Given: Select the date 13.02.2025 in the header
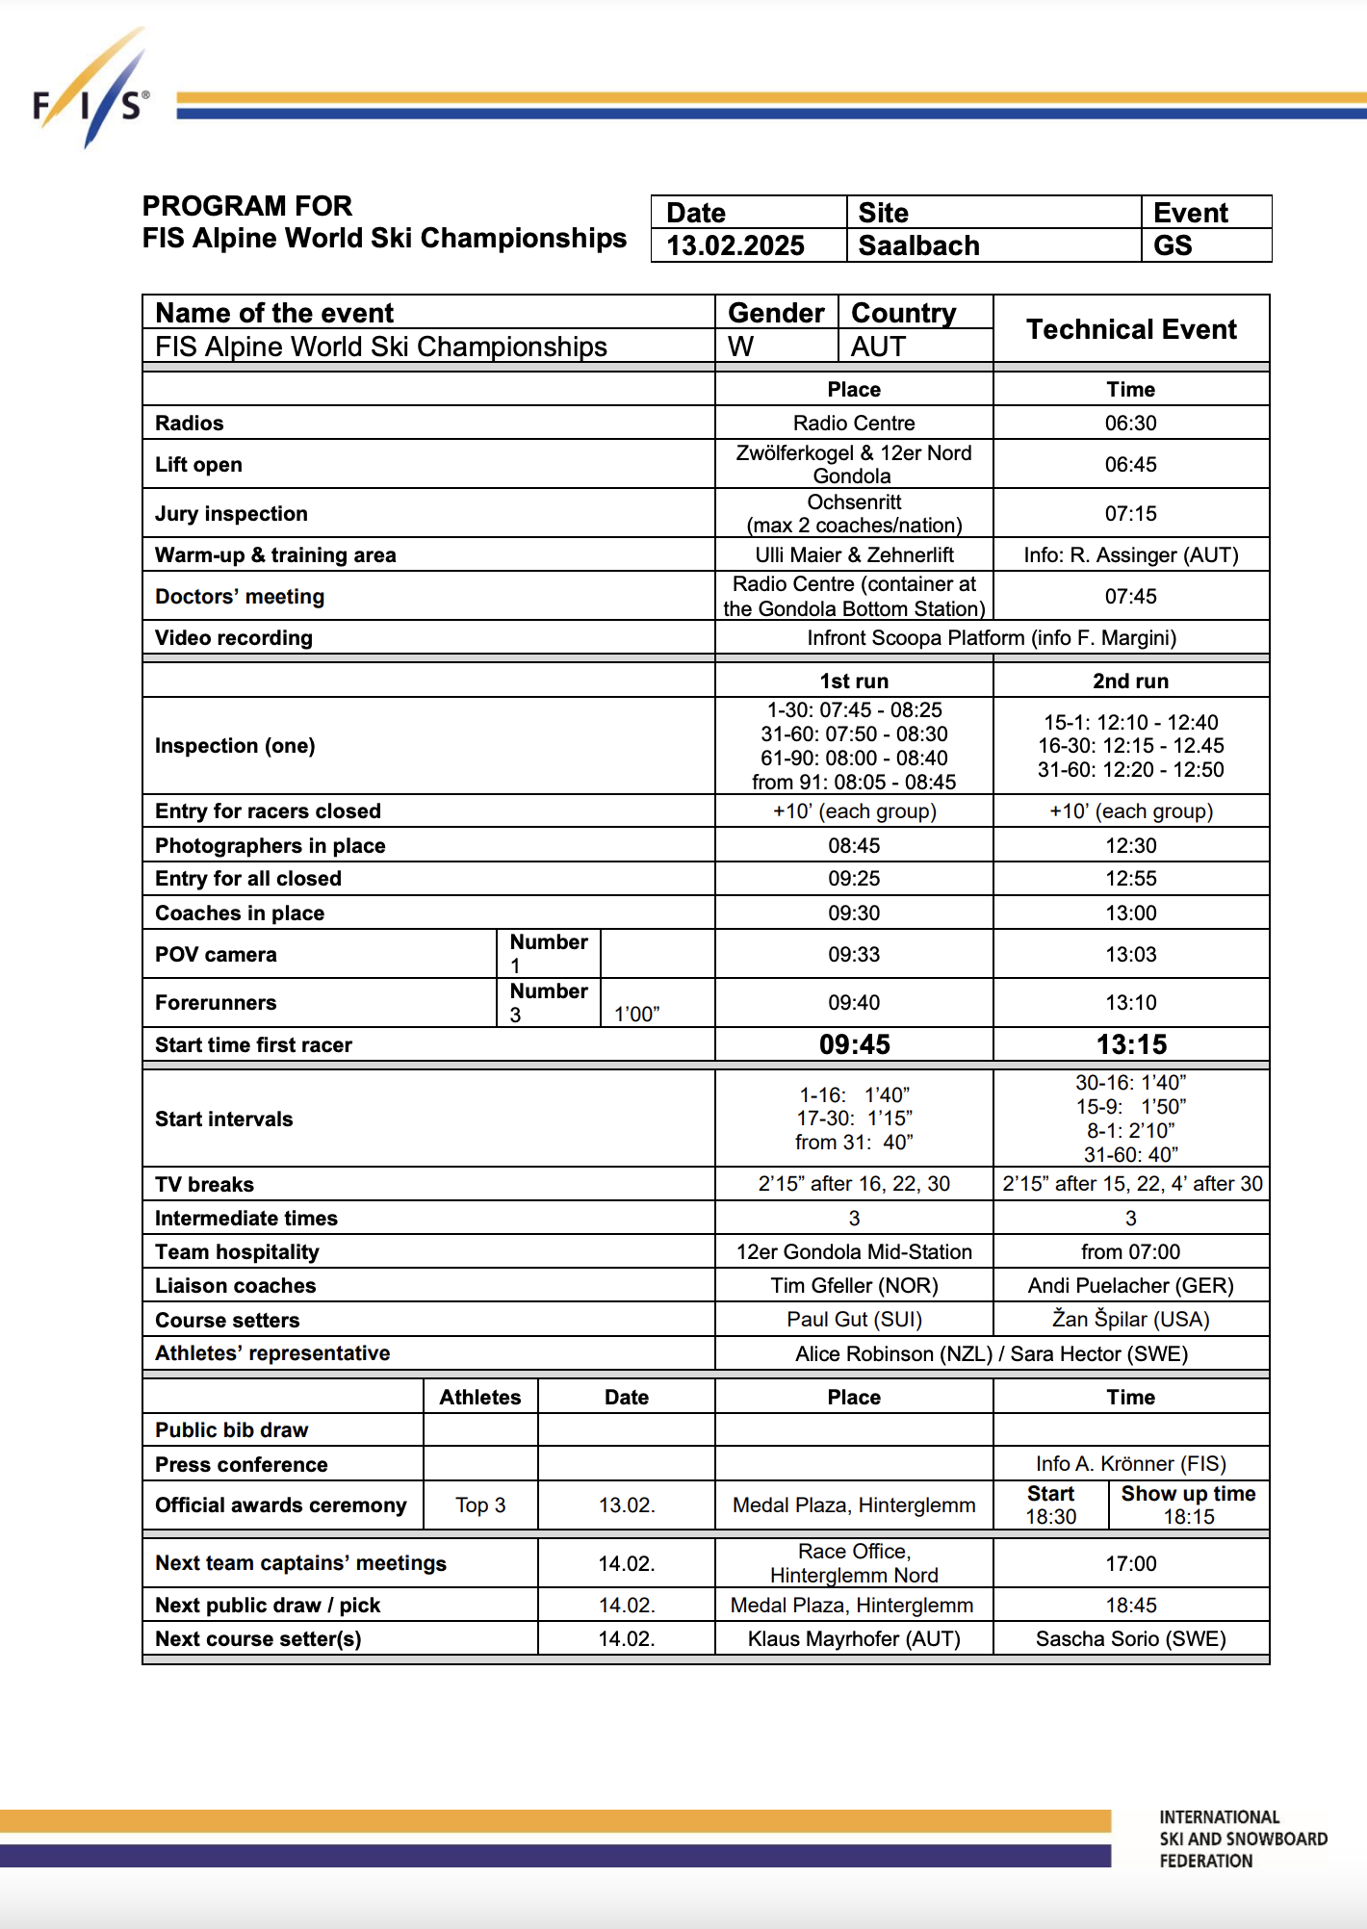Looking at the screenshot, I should pos(735,245).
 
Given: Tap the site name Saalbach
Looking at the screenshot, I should pos(918,245).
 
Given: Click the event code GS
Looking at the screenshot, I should pos(1173,245).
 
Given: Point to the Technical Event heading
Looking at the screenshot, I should pos(1131,329).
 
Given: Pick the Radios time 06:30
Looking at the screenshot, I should pos(1130,424).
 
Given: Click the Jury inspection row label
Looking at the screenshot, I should pos(231,514).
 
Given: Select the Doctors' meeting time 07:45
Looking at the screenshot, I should pos(1130,597).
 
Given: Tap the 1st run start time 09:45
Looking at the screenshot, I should pos(854,1044).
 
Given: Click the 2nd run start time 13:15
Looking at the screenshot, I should pos(1131,1044).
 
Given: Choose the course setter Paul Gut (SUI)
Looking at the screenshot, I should pos(854,1320).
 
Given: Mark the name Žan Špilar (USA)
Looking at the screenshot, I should pos(1130,1320).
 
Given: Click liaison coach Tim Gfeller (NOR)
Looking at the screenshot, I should pos(854,1286).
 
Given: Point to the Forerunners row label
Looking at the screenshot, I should pos(216,1003).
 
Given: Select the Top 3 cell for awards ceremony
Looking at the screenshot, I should pos(480,1505).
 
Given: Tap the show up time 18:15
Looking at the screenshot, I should pos(1189,1517).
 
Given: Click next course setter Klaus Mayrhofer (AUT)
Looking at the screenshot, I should pos(854,1639).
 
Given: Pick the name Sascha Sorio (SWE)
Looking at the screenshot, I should pos(1130,1639).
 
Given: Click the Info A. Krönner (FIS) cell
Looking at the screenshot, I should pos(1130,1464).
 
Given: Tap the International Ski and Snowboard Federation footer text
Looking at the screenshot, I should pos(1242,1839).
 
